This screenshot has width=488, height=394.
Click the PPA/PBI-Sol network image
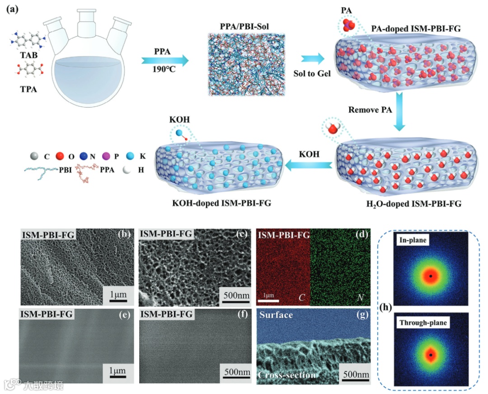tap(246, 64)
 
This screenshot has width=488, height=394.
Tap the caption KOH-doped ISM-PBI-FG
tap(218, 202)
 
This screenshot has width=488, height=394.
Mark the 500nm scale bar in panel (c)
tap(234, 294)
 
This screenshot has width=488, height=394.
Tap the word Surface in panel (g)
tap(276, 314)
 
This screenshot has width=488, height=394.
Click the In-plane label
tap(412, 242)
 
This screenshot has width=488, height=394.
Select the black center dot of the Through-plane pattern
tap(431, 355)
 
